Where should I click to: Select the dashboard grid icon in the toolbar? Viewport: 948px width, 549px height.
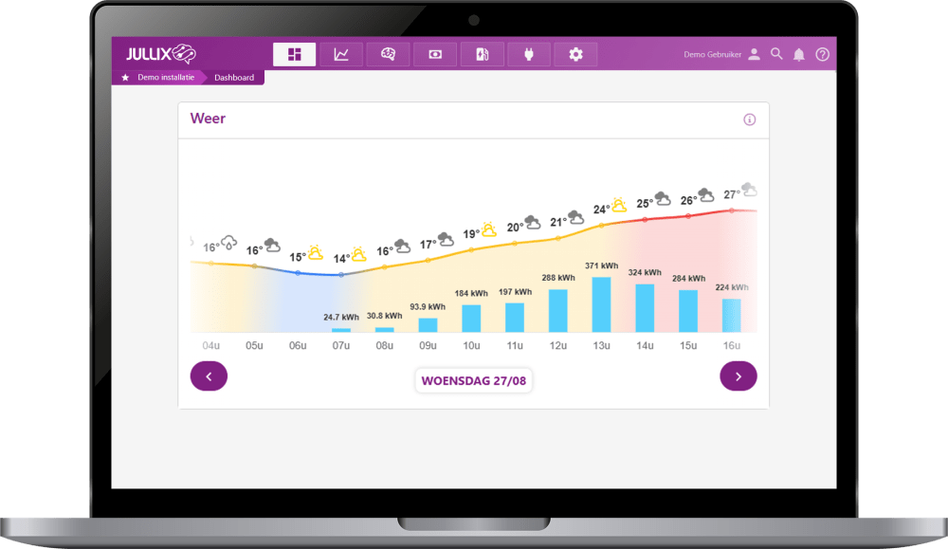point(294,54)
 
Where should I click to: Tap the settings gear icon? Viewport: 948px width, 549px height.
point(575,54)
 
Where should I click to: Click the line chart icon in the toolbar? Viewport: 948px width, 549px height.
point(341,54)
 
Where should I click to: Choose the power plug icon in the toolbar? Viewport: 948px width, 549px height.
point(529,54)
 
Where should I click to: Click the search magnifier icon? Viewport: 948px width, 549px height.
point(776,54)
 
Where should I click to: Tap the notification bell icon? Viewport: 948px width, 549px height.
point(799,55)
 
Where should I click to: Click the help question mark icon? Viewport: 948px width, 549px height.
point(822,54)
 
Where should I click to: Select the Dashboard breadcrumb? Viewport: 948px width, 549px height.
point(234,78)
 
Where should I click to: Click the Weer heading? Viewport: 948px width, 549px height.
point(208,119)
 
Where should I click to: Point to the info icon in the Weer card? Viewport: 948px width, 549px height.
point(750,119)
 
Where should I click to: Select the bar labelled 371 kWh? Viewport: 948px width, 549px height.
point(601,303)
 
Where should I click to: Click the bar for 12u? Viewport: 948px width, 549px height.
point(558,310)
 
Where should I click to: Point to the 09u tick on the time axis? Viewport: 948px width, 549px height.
point(428,345)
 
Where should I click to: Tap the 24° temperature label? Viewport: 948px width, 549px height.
point(601,210)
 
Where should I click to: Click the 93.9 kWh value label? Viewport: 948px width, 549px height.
point(428,306)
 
